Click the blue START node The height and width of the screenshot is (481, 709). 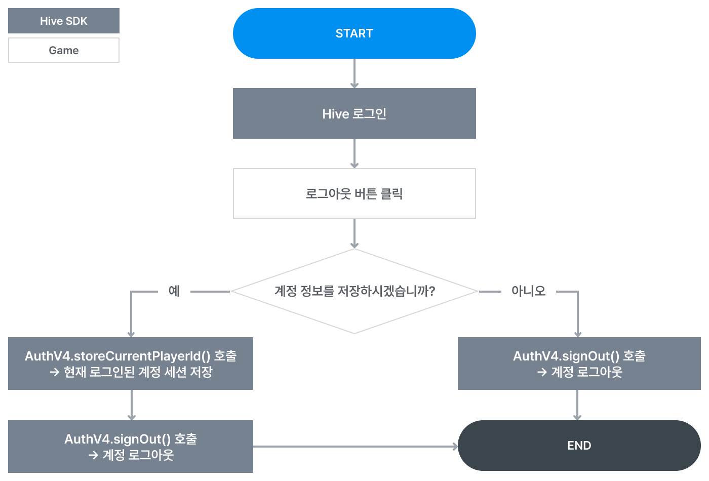coord(354,33)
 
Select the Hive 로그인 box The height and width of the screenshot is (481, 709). coord(354,113)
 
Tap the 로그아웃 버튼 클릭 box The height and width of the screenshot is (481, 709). coord(354,193)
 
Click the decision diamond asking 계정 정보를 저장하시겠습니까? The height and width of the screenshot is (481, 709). coord(354,291)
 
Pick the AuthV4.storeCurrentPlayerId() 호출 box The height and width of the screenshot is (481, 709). coord(130,364)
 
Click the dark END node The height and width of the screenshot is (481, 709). coord(579,446)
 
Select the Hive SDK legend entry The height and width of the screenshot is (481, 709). coord(64,21)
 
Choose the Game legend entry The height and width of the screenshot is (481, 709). coord(64,50)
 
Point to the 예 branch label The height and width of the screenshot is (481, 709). coord(174,291)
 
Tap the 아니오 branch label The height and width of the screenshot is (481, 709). coord(528,291)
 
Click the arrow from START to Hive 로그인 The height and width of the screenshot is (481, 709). coord(354,73)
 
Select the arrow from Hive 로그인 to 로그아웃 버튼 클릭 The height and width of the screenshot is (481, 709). coord(354,153)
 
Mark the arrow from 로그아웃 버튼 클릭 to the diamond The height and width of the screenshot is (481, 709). coord(354,233)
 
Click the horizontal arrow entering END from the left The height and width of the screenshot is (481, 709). coord(354,447)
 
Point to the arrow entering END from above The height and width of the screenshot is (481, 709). coord(577,405)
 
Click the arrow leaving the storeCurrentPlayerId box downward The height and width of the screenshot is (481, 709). coord(132,405)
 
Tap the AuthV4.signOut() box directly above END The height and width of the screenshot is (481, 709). coord(579,364)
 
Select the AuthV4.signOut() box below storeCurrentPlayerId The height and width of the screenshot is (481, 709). coord(130,447)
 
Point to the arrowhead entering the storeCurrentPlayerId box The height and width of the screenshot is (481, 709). coord(131,334)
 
